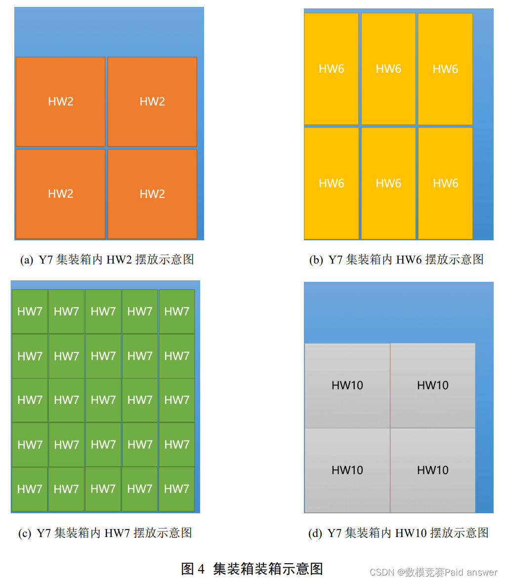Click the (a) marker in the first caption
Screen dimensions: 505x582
pyautogui.click(x=27, y=260)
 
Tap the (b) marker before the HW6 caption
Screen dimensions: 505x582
pyautogui.click(x=316, y=260)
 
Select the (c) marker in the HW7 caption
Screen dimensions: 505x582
pyautogui.click(x=25, y=534)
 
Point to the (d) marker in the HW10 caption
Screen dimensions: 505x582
pyautogui.click(x=315, y=534)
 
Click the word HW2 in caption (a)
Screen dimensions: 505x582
pyautogui.click(x=118, y=260)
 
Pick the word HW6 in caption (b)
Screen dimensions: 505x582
pyautogui.click(x=408, y=260)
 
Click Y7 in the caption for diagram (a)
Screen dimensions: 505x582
pyautogui.click(x=46, y=260)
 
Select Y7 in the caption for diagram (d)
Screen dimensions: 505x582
pyautogui.click(x=335, y=533)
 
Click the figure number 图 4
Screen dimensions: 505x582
pyautogui.click(x=193, y=569)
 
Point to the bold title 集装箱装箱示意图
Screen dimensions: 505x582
pyautogui.click(x=268, y=569)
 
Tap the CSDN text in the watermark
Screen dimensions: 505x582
pyautogui.click(x=381, y=573)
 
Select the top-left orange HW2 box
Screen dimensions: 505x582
pyautogui.click(x=61, y=101)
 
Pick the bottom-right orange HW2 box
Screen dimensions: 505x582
pyautogui.click(x=152, y=194)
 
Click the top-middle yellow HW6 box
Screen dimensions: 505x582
pyautogui.click(x=388, y=69)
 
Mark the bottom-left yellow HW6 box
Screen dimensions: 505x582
pyautogui.click(x=331, y=183)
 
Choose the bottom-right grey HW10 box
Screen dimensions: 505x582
pyautogui.click(x=433, y=470)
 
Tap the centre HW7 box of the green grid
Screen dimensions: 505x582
pyautogui.click(x=103, y=400)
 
